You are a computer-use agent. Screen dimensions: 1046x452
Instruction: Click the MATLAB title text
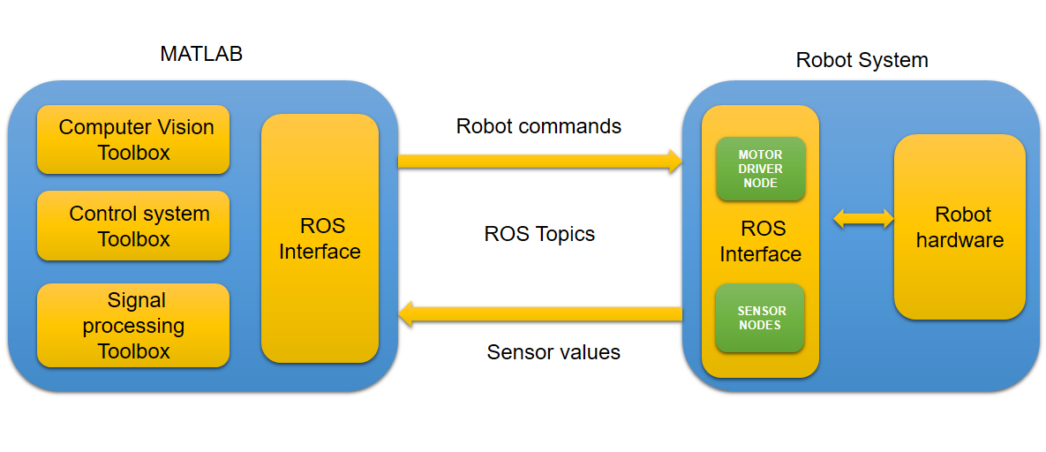pyautogui.click(x=200, y=54)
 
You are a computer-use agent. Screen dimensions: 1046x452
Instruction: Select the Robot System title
pyautogui.click(x=862, y=60)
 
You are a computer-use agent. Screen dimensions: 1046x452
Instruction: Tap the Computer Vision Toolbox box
pyautogui.click(x=133, y=139)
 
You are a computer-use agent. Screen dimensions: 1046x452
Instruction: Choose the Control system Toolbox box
pyautogui.click(x=133, y=226)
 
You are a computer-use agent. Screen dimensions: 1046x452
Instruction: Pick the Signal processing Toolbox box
pyautogui.click(x=133, y=325)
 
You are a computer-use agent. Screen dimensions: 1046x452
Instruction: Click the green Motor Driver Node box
pyautogui.click(x=761, y=169)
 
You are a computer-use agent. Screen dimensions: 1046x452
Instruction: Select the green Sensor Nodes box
pyautogui.click(x=761, y=318)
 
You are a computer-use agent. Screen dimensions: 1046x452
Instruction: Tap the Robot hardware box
pyautogui.click(x=959, y=227)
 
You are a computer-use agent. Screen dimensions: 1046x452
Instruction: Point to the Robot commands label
pyautogui.click(x=538, y=126)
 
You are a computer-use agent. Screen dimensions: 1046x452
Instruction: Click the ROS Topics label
pyautogui.click(x=539, y=234)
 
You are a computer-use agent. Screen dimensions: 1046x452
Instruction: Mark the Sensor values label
pyautogui.click(x=553, y=352)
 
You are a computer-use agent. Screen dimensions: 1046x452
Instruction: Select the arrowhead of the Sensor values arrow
pyautogui.click(x=405, y=313)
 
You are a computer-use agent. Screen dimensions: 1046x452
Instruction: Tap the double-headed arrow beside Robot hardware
pyautogui.click(x=864, y=218)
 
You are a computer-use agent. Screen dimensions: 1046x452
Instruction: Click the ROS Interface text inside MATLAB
pyautogui.click(x=320, y=238)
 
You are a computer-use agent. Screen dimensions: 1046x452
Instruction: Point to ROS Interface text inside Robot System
pyautogui.click(x=761, y=241)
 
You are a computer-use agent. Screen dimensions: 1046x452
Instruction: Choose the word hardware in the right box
pyautogui.click(x=959, y=240)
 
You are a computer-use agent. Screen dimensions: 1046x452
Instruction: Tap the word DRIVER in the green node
pyautogui.click(x=761, y=169)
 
